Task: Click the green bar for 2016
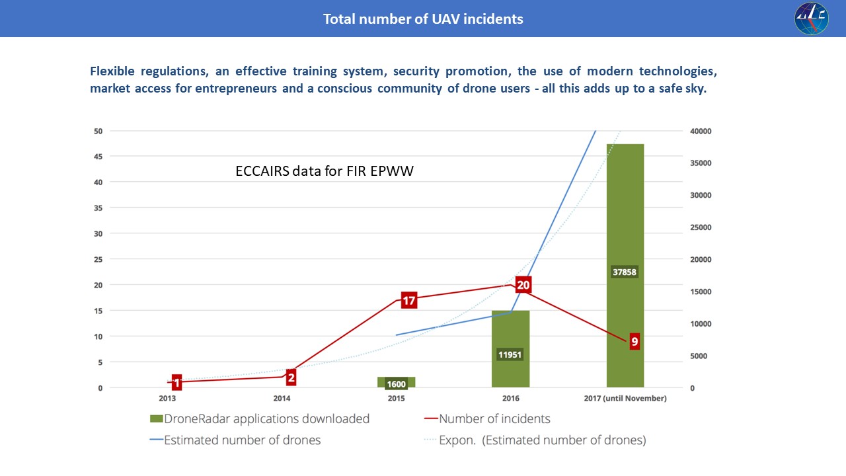[x=510, y=331]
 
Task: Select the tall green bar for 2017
[x=625, y=212]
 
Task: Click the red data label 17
[x=408, y=301]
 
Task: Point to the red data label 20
[x=523, y=285]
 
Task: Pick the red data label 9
[x=634, y=342]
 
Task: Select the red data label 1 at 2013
[x=176, y=382]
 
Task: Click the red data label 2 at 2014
[x=291, y=377]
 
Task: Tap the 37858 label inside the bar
[x=625, y=271]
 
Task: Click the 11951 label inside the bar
[x=510, y=354]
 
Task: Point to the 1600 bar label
[x=396, y=385]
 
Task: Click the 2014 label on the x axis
[x=282, y=398]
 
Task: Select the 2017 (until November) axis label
[x=625, y=398]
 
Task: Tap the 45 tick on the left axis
[x=98, y=157]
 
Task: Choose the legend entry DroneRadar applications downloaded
[x=260, y=418]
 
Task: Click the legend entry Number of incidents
[x=494, y=418]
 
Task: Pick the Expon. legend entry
[x=542, y=440]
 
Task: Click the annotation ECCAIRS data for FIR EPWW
[x=325, y=171]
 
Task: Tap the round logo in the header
[x=811, y=18]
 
